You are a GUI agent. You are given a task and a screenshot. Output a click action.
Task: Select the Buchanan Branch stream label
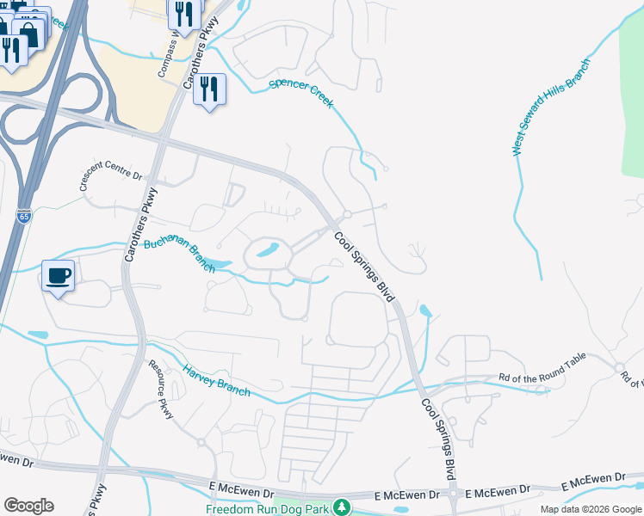(179, 254)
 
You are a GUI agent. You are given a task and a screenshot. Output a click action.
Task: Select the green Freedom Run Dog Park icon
(342, 507)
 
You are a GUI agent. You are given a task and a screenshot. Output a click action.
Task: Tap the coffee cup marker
(59, 276)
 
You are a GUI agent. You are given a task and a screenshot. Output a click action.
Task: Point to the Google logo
(28, 506)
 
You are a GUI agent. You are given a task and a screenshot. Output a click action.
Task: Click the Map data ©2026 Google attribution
(590, 509)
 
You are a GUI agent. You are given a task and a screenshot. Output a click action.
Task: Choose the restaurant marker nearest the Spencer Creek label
(209, 89)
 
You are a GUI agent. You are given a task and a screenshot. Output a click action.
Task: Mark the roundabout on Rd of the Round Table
(619, 368)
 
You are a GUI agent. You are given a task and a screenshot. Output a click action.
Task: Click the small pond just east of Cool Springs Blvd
(424, 310)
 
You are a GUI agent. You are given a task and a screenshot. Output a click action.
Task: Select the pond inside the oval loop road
(267, 251)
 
